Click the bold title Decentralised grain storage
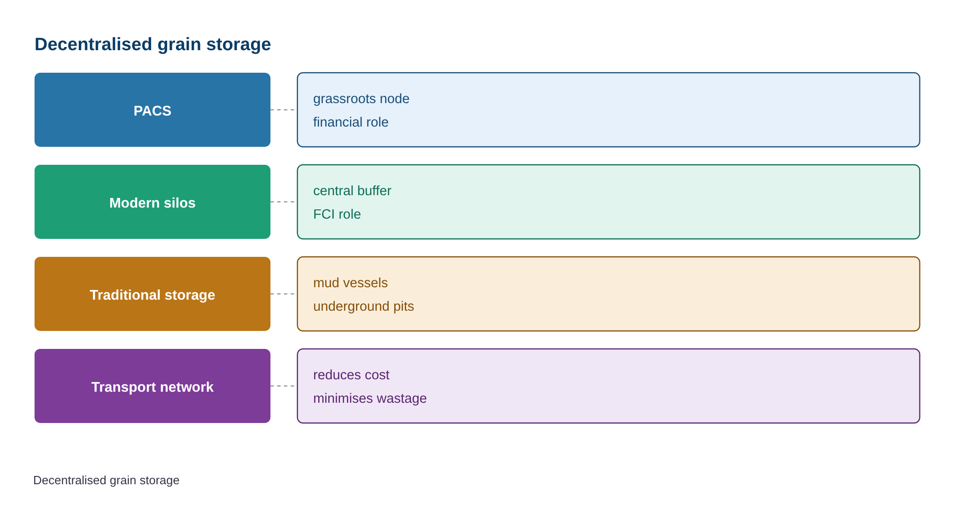[152, 45]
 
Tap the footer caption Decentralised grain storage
[106, 480]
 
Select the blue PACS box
[152, 110]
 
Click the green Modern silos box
[152, 202]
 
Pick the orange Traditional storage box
[152, 294]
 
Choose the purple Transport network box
[152, 386]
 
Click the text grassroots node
[361, 99]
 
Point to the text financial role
[350, 122]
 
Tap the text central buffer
[352, 191]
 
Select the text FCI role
[337, 214]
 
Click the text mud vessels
[350, 283]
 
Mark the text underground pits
[363, 307]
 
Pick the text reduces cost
[351, 375]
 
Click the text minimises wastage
[370, 399]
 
